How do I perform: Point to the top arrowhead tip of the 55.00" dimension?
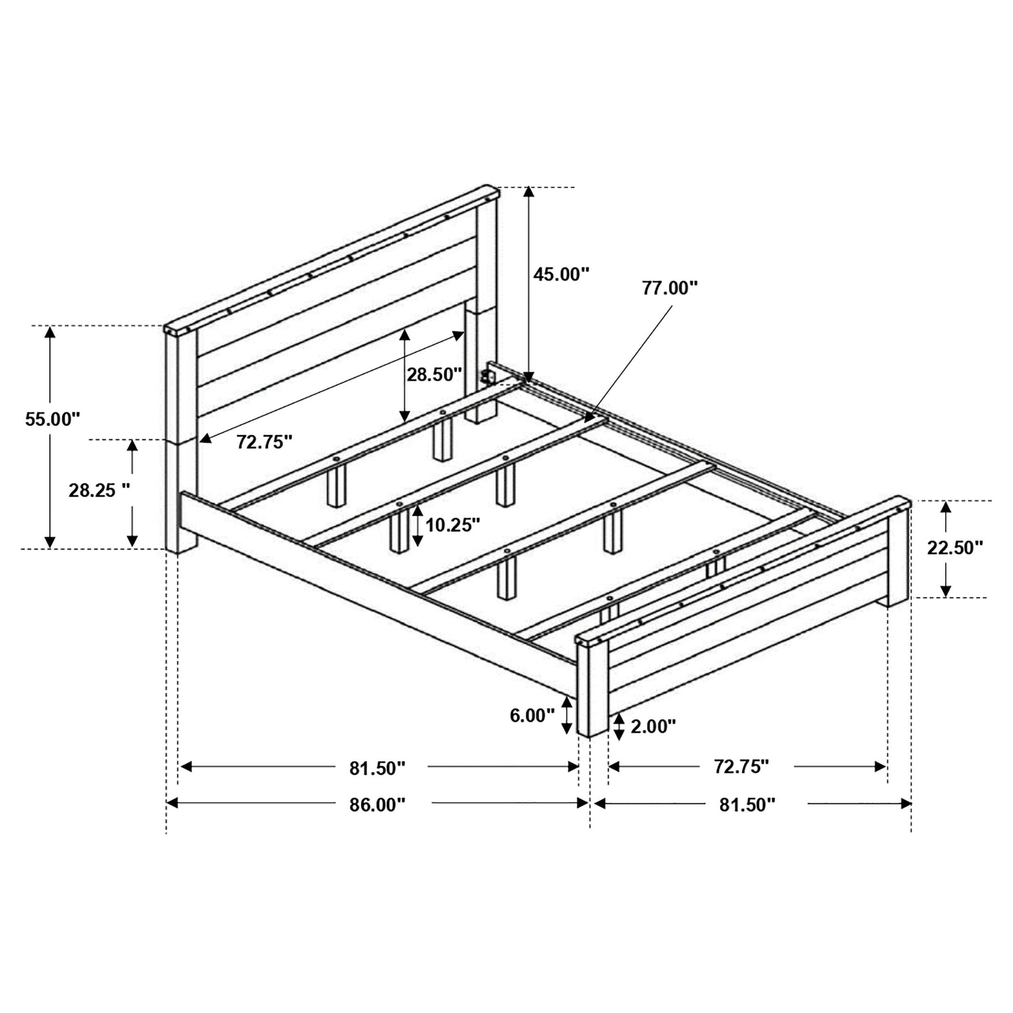coord(50,326)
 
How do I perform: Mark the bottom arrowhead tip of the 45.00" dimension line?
coord(529,383)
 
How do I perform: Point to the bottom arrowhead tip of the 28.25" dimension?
coord(132,548)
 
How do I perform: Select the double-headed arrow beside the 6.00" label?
coord(567,716)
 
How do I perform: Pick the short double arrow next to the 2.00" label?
coord(619,726)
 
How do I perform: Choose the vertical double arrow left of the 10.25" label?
coord(417,526)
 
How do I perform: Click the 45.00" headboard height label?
coord(562,274)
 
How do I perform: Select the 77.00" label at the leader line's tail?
coord(670,288)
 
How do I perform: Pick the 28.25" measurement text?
coord(99,490)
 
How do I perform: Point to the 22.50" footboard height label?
coord(955,548)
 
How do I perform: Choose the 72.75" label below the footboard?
coord(741,767)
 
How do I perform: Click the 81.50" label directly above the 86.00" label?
coord(377,769)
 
